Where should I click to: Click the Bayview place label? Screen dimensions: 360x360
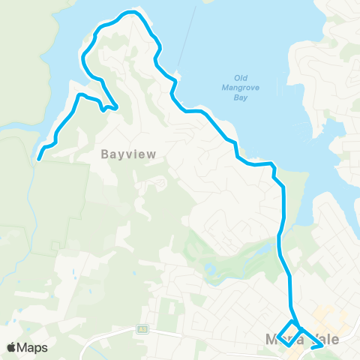coord(128,154)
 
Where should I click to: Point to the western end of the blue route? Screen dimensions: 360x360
coord(39,158)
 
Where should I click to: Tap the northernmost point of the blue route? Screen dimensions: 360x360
coord(132,12)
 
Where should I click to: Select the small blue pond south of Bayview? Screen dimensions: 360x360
coord(208,268)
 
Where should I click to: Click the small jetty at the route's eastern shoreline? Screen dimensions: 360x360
coord(176,76)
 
